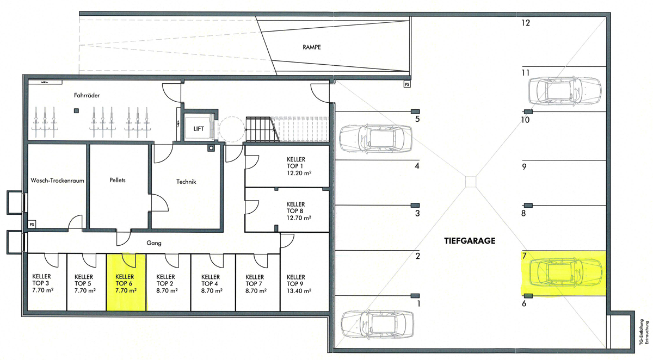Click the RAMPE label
click(x=312, y=47)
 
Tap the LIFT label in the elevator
click(x=199, y=129)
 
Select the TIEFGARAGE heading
click(x=470, y=241)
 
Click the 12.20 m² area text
click(x=299, y=173)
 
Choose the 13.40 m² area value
click(x=299, y=291)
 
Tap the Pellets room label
click(x=118, y=181)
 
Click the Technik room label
click(x=186, y=182)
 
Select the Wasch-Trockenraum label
click(x=58, y=181)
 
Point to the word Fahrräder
click(x=87, y=95)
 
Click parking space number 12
click(x=526, y=23)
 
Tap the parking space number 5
click(x=417, y=119)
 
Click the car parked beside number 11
click(x=565, y=91)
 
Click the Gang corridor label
click(x=154, y=243)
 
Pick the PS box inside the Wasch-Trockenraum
click(x=32, y=224)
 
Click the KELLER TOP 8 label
click(x=295, y=207)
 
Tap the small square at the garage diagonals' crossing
click(x=471, y=182)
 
